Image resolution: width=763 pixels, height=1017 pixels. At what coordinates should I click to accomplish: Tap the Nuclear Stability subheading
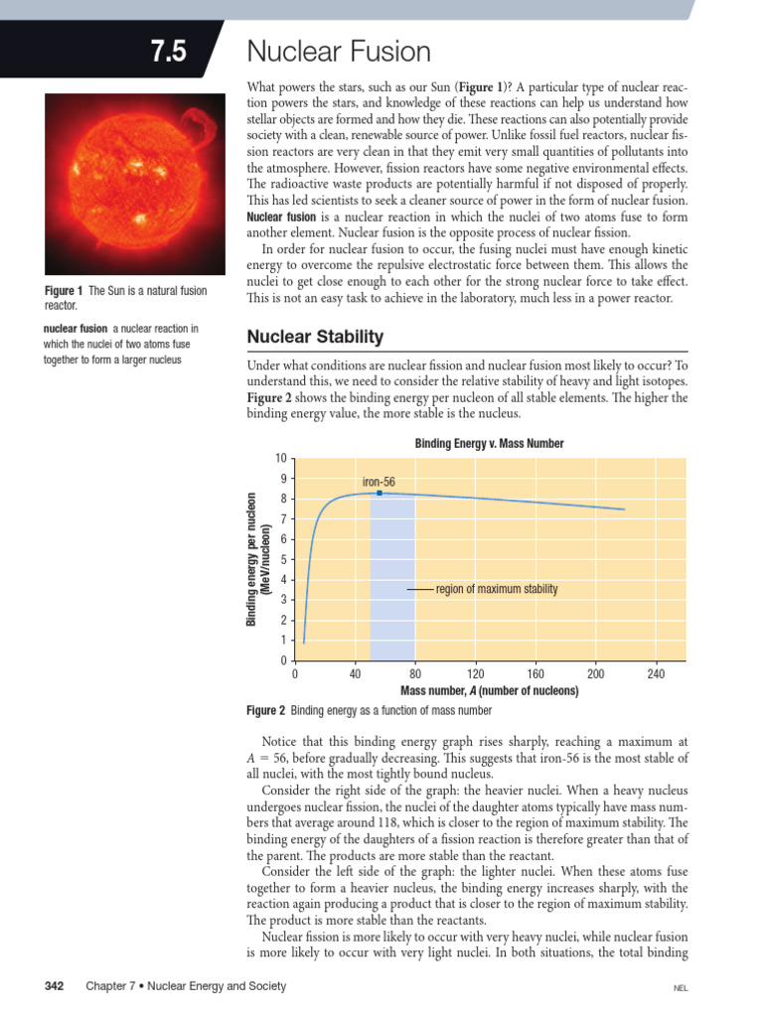click(314, 337)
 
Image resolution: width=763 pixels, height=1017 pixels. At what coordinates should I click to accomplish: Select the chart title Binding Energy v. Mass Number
click(489, 444)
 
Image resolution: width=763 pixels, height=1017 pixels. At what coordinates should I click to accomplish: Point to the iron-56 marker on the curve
click(380, 493)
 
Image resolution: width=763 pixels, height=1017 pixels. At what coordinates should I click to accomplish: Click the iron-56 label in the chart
click(379, 482)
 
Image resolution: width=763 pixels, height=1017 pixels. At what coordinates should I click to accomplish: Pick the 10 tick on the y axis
click(281, 458)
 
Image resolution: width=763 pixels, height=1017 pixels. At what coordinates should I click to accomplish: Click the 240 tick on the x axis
click(656, 675)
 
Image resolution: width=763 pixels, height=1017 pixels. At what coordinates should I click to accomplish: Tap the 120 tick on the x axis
click(476, 675)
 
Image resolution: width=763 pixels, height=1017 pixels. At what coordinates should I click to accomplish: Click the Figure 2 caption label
click(265, 711)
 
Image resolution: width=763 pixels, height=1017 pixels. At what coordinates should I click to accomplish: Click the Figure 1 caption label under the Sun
click(65, 290)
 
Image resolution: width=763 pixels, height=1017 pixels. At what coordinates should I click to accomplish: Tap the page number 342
click(55, 986)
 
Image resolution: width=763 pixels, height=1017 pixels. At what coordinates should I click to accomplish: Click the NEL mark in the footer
click(681, 989)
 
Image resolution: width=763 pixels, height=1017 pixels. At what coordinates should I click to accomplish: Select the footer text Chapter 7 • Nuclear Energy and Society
click(186, 986)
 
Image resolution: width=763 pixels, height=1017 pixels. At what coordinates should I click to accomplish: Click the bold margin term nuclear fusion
click(75, 328)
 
